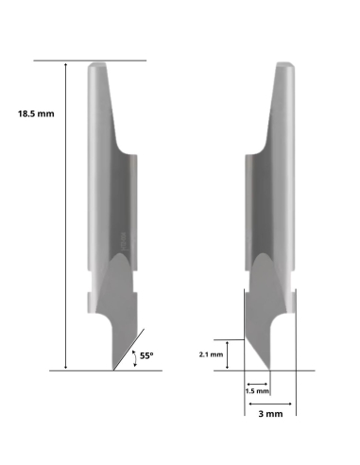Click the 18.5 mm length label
click(36, 113)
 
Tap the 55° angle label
click(147, 355)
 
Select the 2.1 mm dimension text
click(211, 354)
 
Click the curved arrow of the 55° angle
click(135, 356)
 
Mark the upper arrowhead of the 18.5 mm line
click(65, 64)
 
